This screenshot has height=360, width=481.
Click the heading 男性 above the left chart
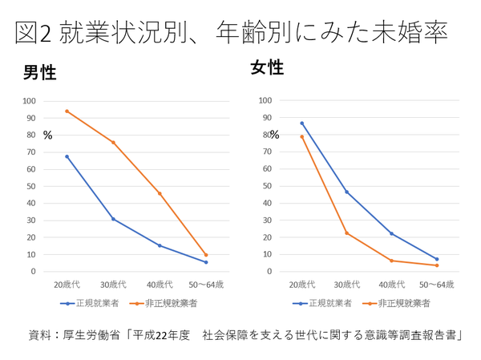pyautogui.click(x=39, y=73)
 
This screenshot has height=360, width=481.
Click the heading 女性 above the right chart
pyautogui.click(x=268, y=68)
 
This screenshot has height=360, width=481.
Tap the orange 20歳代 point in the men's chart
pyautogui.click(x=67, y=111)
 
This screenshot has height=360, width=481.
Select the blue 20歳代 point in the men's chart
pyautogui.click(x=67, y=156)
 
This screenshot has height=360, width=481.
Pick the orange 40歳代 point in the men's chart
pyautogui.click(x=160, y=193)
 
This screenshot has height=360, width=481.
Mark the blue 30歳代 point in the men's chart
pyautogui.click(x=113, y=219)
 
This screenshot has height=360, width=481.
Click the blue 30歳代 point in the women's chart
pyautogui.click(x=347, y=192)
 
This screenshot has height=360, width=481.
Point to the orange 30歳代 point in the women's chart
pyautogui.click(x=347, y=233)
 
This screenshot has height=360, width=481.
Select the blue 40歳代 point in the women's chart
pyautogui.click(x=392, y=233)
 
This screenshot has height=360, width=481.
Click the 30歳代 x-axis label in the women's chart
pyautogui.click(x=347, y=285)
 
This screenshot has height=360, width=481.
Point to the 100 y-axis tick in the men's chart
pyautogui.click(x=30, y=101)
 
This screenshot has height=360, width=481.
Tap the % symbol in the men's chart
pyautogui.click(x=47, y=136)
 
